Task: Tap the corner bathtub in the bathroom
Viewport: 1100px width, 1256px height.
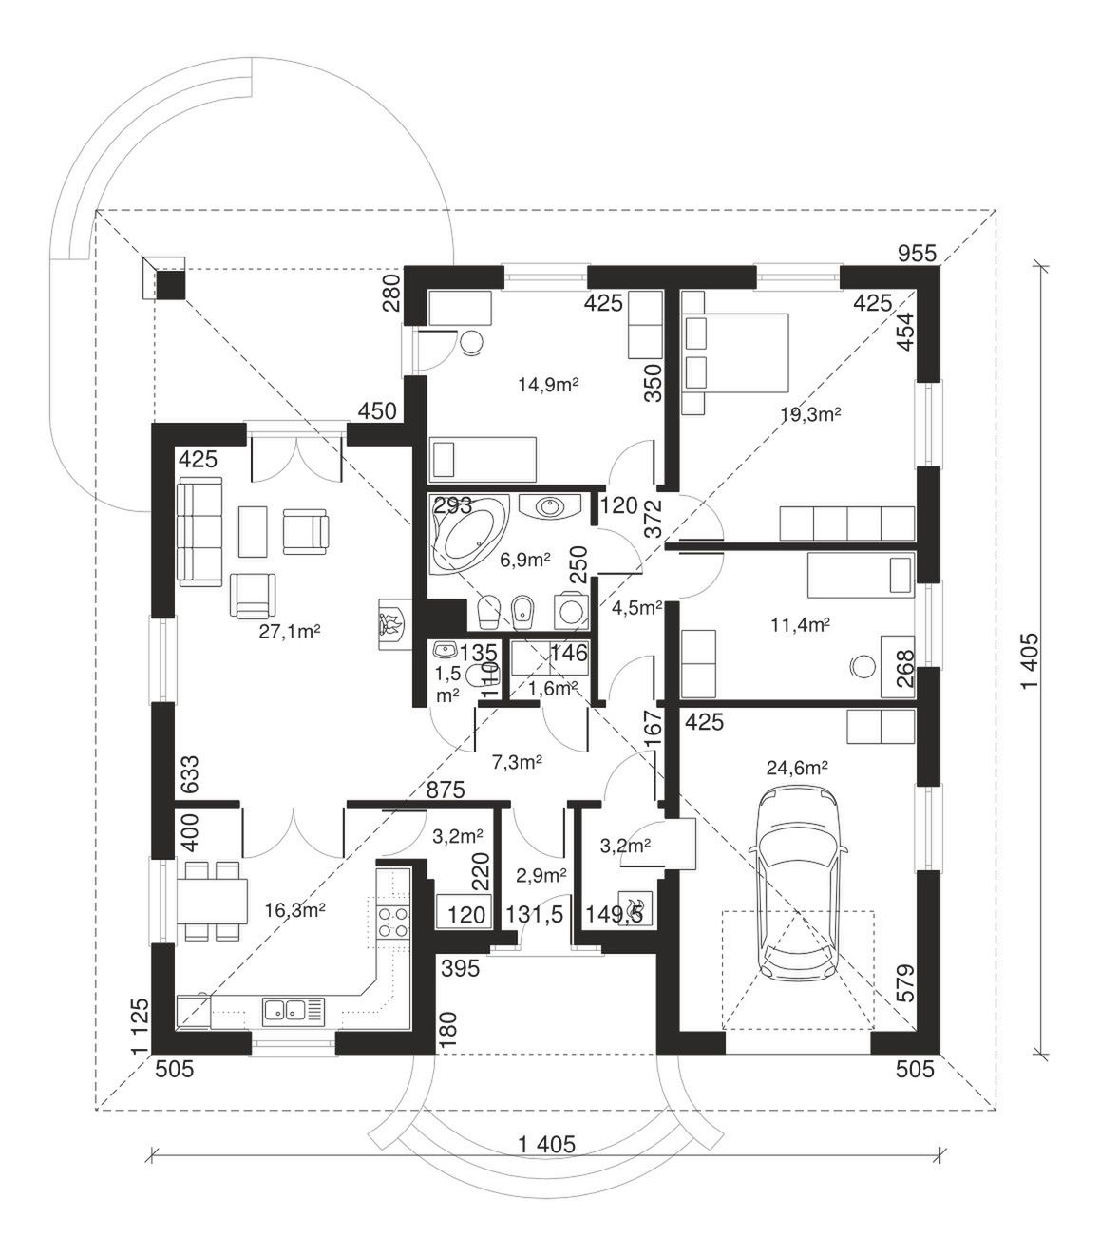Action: tap(468, 533)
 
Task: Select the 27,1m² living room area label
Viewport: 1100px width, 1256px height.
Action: tap(289, 632)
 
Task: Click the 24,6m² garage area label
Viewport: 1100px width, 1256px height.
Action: tap(797, 768)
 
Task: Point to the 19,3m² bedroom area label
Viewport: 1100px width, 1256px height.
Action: tap(810, 414)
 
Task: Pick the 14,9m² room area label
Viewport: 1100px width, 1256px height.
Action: tap(549, 385)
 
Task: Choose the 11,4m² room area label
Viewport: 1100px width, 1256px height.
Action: tap(801, 625)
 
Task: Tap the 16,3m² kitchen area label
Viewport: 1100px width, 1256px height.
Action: tap(294, 910)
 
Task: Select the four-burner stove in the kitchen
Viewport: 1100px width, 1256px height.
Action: tap(393, 923)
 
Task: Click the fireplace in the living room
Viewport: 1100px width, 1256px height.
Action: tap(390, 623)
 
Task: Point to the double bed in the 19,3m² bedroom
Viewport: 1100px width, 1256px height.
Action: tap(735, 353)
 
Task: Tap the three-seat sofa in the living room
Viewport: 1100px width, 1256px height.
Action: tap(199, 534)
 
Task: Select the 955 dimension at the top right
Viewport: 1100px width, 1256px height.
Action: tap(918, 254)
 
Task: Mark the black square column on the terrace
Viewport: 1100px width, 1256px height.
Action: tap(170, 285)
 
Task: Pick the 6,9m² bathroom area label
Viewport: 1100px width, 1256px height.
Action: tap(525, 560)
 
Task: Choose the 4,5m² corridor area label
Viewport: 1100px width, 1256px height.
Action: tap(637, 608)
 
